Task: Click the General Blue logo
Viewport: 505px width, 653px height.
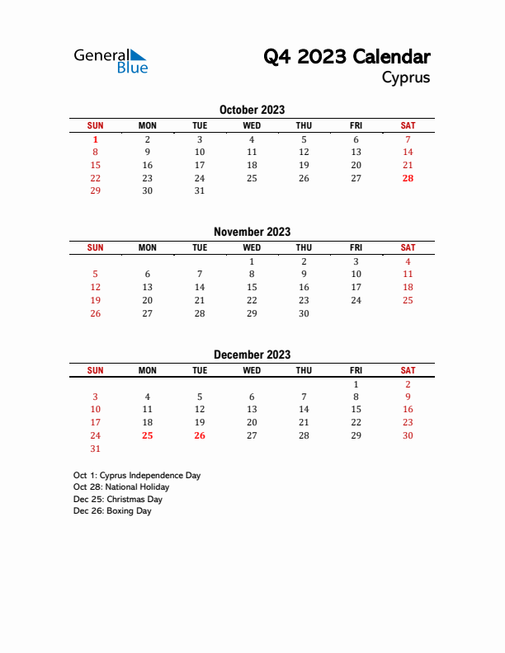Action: click(111, 60)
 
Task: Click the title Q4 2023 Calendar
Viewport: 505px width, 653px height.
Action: click(347, 57)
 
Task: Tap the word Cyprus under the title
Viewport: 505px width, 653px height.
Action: click(405, 78)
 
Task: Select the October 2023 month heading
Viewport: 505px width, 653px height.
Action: click(252, 110)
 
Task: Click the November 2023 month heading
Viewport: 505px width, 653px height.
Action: click(252, 232)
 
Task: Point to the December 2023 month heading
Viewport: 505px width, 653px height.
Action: click(252, 355)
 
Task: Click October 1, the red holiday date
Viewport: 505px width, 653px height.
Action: click(96, 139)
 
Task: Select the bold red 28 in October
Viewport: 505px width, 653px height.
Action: click(408, 178)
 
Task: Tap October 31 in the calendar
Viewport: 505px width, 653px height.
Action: click(200, 190)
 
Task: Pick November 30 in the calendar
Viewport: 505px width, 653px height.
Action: click(304, 313)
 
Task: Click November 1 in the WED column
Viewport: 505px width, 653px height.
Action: click(252, 261)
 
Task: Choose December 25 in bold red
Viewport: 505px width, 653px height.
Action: click(148, 435)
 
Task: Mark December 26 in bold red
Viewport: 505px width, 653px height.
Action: click(200, 435)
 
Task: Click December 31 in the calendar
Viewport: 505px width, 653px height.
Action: click(96, 449)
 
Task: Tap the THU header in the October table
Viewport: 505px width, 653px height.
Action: click(304, 125)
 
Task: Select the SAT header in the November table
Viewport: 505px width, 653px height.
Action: click(408, 247)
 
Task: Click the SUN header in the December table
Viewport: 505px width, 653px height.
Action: click(96, 370)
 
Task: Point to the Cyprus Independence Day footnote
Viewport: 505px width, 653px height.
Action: click(137, 476)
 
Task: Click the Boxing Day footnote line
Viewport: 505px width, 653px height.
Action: click(112, 511)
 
